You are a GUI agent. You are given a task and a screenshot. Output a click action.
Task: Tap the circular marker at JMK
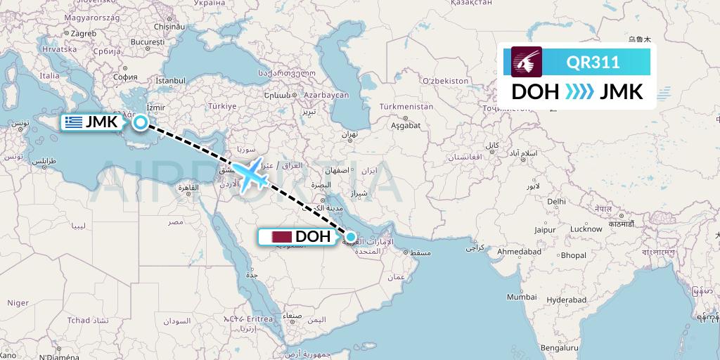click(141, 123)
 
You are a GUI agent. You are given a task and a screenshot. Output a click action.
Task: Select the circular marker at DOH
click(351, 237)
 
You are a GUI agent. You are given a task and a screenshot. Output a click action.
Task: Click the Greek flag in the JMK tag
click(72, 122)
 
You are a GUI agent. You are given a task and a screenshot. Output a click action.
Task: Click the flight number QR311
click(593, 63)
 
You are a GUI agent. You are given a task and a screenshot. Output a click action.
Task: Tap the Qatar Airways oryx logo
click(527, 62)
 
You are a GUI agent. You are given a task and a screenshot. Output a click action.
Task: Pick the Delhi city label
click(555, 201)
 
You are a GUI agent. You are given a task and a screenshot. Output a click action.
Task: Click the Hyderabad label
click(567, 300)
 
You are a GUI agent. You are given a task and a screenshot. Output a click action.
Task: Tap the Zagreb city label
click(83, 33)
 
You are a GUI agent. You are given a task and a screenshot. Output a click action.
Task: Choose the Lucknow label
click(586, 229)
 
